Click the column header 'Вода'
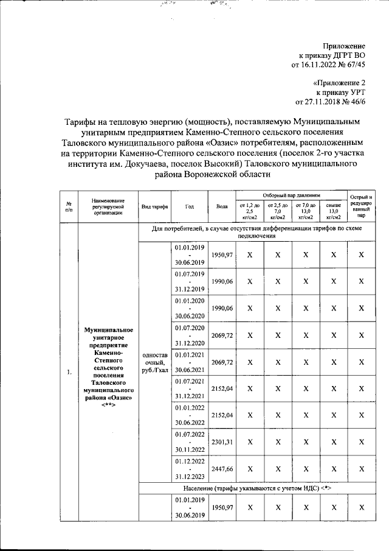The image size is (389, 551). tap(221, 206)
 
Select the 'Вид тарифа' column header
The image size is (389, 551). tap(154, 206)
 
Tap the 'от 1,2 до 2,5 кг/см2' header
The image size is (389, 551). tap(249, 211)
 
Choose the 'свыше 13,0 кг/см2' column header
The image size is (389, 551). tap(333, 211)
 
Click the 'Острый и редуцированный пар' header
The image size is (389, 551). tap(361, 206)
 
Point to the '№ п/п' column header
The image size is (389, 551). tap(69, 206)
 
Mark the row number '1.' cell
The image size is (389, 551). tap(69, 372)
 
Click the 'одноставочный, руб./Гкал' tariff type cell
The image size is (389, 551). tap(154, 363)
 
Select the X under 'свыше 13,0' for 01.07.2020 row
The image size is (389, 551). tap(333, 335)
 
